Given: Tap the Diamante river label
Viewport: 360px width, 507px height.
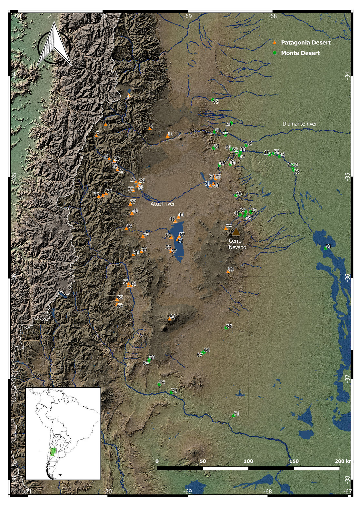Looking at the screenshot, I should [299, 124].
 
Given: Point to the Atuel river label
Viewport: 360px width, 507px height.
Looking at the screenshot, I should [162, 204].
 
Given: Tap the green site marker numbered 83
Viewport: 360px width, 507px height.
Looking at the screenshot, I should [213, 100].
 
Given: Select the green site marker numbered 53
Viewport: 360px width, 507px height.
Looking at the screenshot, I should [325, 248].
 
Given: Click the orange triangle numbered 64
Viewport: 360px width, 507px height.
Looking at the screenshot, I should [169, 319].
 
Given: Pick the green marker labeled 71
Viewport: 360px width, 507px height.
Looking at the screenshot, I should [234, 416].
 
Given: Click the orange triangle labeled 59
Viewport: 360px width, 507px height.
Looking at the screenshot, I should [228, 272].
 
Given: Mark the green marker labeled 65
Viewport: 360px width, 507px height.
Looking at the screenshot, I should [226, 328].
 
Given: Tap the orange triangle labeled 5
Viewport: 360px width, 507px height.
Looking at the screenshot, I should [150, 128].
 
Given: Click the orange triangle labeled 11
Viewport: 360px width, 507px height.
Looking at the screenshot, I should [167, 136].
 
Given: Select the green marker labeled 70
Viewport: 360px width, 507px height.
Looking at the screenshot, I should [171, 392].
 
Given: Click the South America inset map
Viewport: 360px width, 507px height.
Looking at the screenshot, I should [63, 433].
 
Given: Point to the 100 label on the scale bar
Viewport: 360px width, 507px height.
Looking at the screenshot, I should [248, 461].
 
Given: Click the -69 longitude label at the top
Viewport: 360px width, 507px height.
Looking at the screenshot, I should [187, 16].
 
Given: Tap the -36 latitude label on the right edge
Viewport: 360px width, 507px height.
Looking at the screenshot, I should [348, 277].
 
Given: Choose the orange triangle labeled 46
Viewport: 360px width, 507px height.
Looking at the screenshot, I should [126, 228].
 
